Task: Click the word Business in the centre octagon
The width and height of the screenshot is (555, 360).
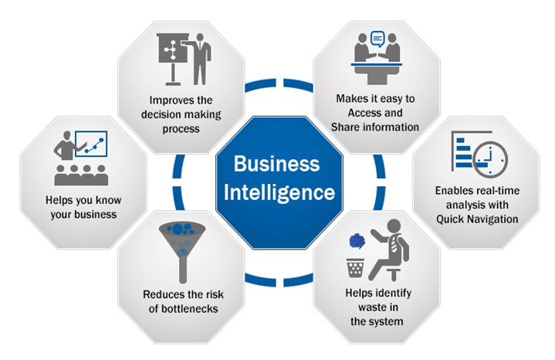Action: tap(277, 164)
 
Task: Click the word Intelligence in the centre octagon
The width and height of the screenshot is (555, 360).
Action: tap(279, 193)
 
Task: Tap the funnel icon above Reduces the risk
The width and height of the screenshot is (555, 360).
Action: tap(182, 252)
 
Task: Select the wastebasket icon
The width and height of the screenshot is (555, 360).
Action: tap(355, 268)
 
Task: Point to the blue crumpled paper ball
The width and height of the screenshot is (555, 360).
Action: tap(357, 241)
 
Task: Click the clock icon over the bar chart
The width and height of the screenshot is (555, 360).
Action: tap(490, 159)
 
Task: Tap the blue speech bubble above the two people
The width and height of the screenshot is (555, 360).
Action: tap(377, 39)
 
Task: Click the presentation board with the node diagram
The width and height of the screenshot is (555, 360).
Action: tap(172, 59)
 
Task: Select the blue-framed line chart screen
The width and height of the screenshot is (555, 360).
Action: tap(91, 144)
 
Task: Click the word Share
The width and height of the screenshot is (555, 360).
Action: tap(343, 127)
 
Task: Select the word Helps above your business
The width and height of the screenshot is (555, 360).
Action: tap(59, 200)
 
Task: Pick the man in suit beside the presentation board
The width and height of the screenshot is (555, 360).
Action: tap(200, 59)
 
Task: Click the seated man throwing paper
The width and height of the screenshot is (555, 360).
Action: tap(389, 250)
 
